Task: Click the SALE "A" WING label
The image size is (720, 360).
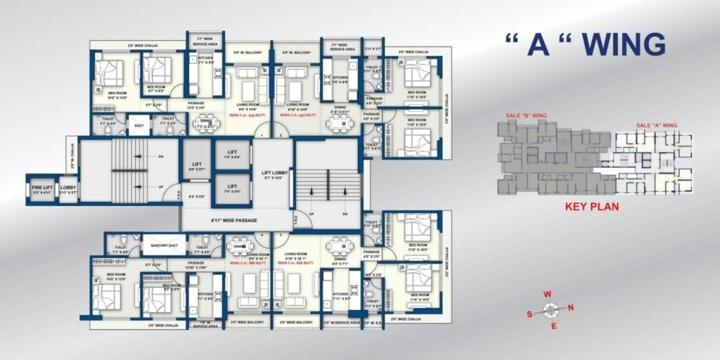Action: (656, 125)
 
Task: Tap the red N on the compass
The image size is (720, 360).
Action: (570, 307)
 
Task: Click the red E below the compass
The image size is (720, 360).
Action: (554, 326)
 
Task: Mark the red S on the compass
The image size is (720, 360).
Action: (529, 314)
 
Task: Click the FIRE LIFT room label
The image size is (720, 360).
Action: (41, 188)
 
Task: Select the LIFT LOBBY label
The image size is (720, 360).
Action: (272, 174)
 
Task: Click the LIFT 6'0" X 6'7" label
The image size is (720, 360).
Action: (197, 167)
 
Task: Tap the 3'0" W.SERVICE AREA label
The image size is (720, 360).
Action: (342, 322)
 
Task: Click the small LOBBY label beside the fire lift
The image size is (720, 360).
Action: (67, 188)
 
